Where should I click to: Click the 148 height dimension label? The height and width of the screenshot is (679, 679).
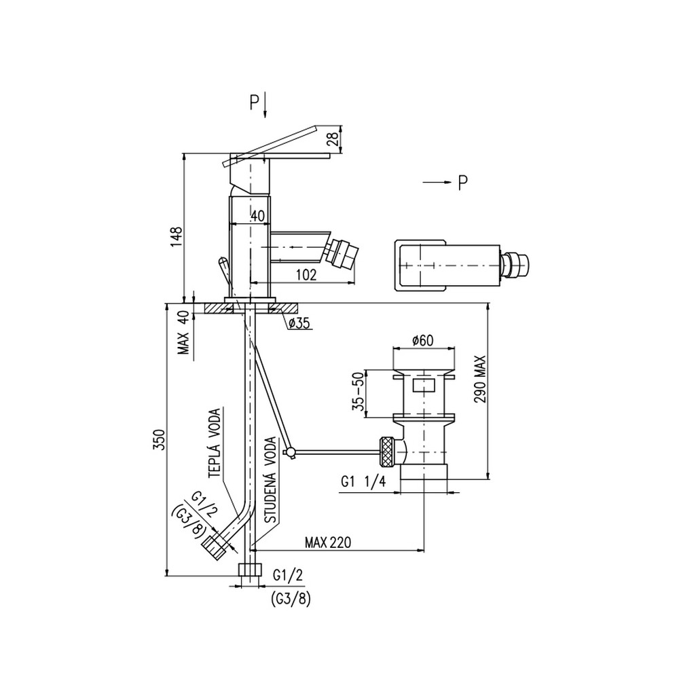click(177, 236)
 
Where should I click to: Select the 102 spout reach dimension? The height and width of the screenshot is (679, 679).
click(306, 274)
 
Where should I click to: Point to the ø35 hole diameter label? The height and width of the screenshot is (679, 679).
click(299, 323)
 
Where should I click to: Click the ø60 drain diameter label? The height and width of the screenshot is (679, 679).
click(422, 340)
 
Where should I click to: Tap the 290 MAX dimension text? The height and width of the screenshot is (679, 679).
click(480, 380)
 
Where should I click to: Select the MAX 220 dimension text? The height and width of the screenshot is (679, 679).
click(328, 542)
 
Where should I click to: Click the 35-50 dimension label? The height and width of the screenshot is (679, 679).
click(357, 393)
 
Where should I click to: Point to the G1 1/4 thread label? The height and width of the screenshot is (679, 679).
click(363, 481)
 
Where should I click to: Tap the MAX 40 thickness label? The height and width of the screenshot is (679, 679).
click(183, 333)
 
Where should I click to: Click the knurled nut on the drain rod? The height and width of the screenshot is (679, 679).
click(387, 452)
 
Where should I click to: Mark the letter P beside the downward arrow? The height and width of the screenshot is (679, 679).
click(254, 103)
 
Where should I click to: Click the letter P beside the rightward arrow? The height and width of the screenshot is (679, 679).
click(462, 183)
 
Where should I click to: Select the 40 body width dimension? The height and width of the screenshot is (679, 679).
click(257, 217)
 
